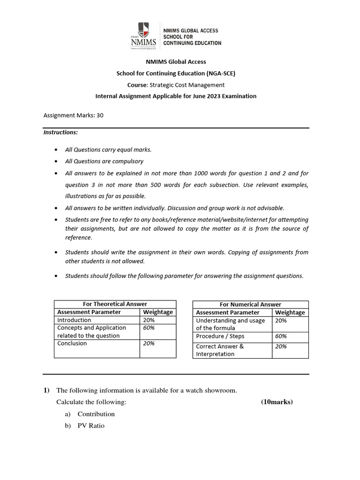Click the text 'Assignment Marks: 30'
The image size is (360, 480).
(x=73, y=114)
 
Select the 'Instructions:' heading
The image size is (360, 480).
(x=60, y=132)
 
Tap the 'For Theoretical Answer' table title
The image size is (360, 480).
(x=115, y=304)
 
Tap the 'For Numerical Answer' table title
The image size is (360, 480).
(x=250, y=305)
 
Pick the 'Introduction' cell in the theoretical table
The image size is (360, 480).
(x=74, y=320)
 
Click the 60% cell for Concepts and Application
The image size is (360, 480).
(x=149, y=328)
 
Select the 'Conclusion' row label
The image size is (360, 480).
(x=72, y=344)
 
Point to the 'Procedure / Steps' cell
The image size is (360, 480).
(x=220, y=337)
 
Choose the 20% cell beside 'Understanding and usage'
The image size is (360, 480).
(x=281, y=321)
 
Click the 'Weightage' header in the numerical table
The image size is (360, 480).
(x=290, y=313)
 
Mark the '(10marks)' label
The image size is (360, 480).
(x=277, y=402)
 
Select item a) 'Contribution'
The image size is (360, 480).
(x=96, y=414)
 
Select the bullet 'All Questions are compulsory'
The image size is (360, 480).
(x=104, y=161)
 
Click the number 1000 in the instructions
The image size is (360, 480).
(x=219, y=173)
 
